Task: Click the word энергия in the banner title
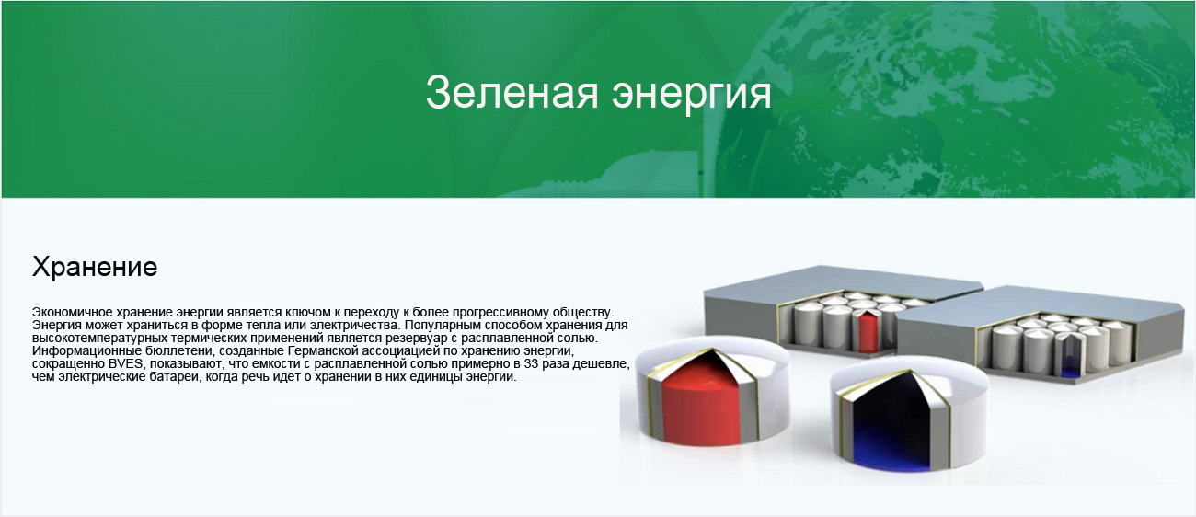click(692, 95)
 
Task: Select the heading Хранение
click(95, 266)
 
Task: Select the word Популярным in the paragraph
click(440, 326)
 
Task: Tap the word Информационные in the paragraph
click(85, 351)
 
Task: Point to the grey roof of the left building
click(844, 282)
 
